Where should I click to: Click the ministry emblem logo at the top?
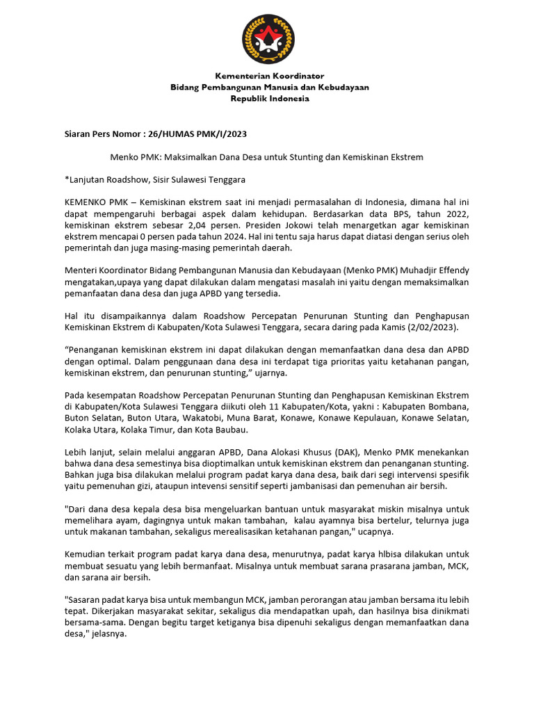[x=268, y=38]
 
